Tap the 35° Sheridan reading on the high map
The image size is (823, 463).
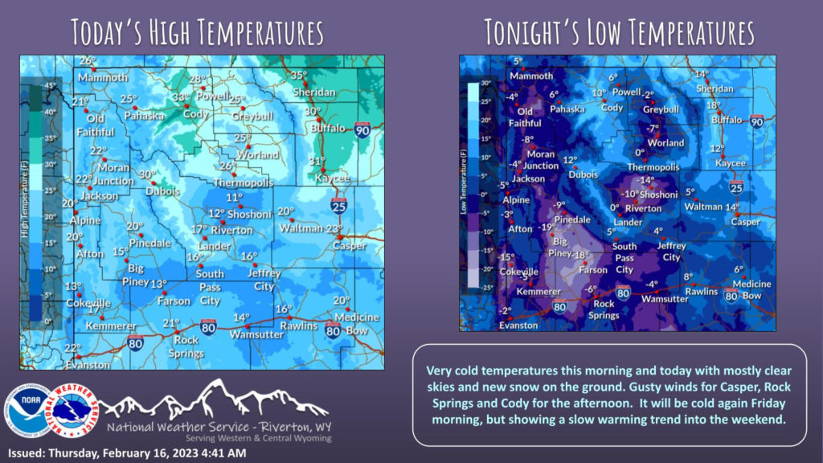click(x=298, y=76)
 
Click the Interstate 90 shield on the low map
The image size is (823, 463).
click(x=756, y=121)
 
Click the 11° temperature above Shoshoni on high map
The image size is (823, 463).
click(x=234, y=197)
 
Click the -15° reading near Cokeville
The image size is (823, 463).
click(x=507, y=257)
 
